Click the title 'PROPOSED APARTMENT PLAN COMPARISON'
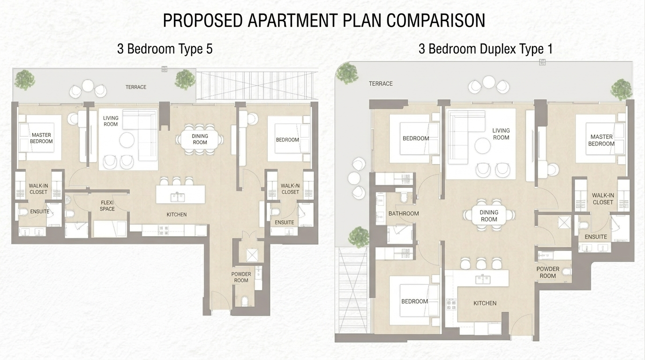click(324, 21)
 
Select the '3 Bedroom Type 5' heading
click(165, 49)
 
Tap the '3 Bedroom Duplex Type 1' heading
click(486, 49)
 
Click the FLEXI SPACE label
click(107, 206)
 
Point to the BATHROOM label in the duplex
click(404, 213)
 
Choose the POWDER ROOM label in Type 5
click(241, 277)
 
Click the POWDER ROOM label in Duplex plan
click(547, 272)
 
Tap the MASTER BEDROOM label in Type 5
click(41, 138)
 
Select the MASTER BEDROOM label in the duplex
click(601, 140)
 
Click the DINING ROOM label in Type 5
click(200, 139)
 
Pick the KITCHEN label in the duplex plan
click(485, 303)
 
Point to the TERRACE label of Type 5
click(135, 87)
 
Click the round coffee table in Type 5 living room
click(127, 140)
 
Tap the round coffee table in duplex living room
click(483, 146)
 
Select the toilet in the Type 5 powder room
click(245, 300)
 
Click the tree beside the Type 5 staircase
click(185, 79)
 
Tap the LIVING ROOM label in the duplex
click(501, 134)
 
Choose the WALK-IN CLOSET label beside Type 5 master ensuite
click(38, 189)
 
